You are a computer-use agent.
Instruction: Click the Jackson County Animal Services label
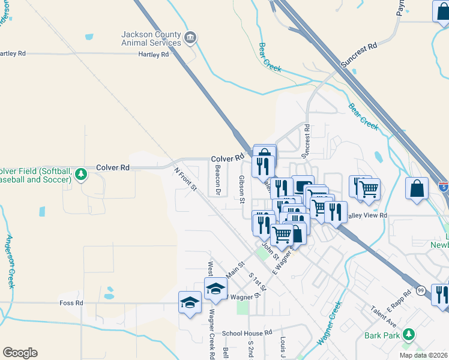pos(151,38)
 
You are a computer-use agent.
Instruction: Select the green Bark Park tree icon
pos(409,334)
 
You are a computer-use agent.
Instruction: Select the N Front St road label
pos(185,179)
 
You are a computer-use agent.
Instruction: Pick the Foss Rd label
pos(71,303)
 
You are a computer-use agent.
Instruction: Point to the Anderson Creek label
pos(10,261)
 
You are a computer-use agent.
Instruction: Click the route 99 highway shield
pos(420,291)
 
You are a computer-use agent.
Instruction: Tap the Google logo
pos(20,352)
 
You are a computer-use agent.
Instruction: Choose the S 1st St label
pos(256,281)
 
